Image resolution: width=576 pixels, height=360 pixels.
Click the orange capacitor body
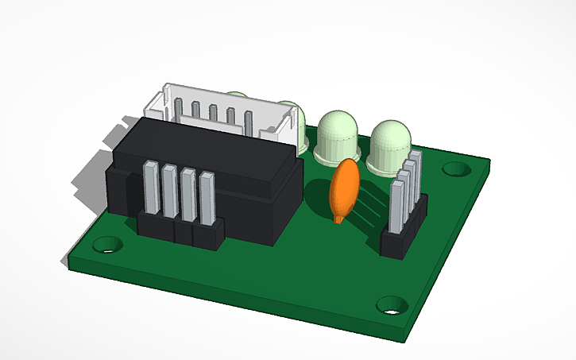[x=346, y=188]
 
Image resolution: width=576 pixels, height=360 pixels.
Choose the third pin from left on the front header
[x=188, y=195]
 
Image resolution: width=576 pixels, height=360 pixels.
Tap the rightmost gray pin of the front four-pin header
[x=207, y=199]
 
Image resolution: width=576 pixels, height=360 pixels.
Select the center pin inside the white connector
[x=213, y=113]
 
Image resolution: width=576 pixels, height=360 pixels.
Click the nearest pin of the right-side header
[x=397, y=206]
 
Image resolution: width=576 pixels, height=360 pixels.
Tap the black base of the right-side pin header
[x=397, y=242]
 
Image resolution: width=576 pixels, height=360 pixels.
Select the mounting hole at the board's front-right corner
[x=391, y=304]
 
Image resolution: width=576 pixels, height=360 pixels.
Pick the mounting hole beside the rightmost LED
[x=455, y=168]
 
